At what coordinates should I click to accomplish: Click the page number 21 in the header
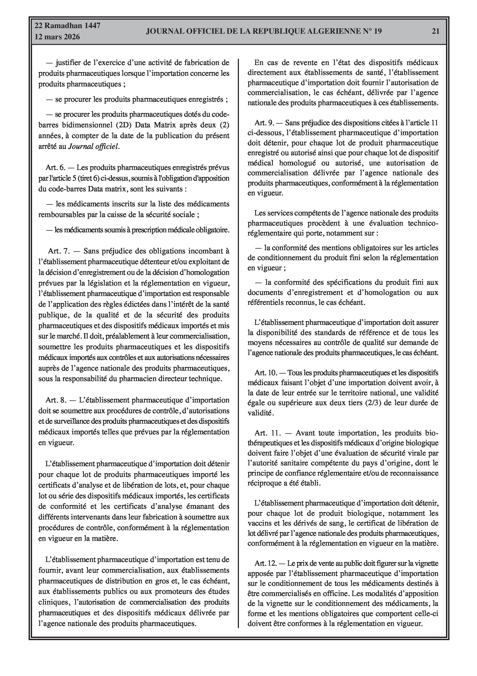point(436,31)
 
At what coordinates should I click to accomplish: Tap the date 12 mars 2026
point(57,37)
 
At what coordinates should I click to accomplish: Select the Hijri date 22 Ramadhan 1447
point(67,26)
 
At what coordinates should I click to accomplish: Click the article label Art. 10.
point(266,373)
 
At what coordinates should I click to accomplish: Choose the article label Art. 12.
point(266,563)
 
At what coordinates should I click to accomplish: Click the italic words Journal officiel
point(94,146)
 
